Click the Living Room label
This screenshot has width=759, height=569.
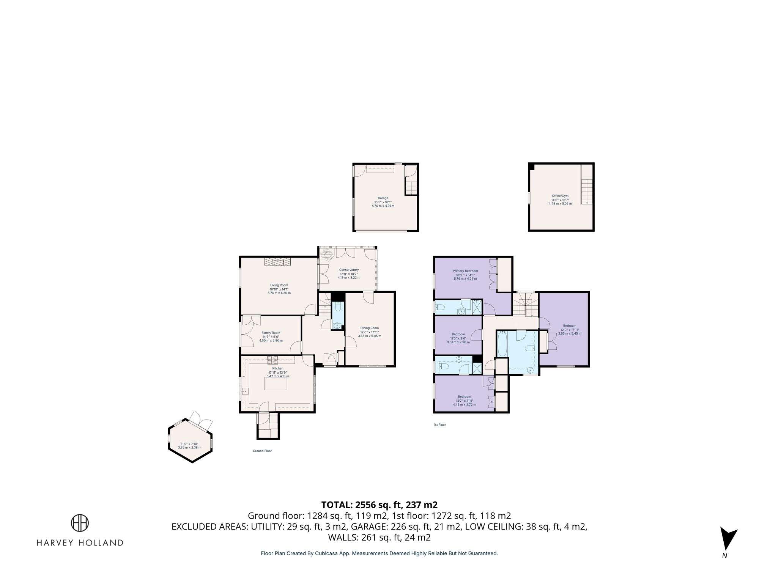(279, 285)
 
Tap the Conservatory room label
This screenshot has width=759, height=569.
(349, 270)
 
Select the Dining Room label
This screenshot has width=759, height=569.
(369, 328)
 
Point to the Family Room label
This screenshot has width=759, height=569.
(271, 333)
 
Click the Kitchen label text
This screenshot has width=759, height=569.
(277, 368)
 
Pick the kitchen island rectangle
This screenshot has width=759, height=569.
(276, 384)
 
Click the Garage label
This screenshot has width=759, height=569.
(383, 198)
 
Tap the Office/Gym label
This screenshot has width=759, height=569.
(560, 196)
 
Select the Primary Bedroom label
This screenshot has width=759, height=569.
(465, 271)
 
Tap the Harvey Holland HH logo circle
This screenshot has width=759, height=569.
(80, 523)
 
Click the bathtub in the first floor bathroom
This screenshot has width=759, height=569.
(502, 344)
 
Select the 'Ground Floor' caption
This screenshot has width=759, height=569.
(262, 451)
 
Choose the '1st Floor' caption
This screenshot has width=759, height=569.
(439, 425)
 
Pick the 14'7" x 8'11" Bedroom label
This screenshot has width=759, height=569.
(464, 397)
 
